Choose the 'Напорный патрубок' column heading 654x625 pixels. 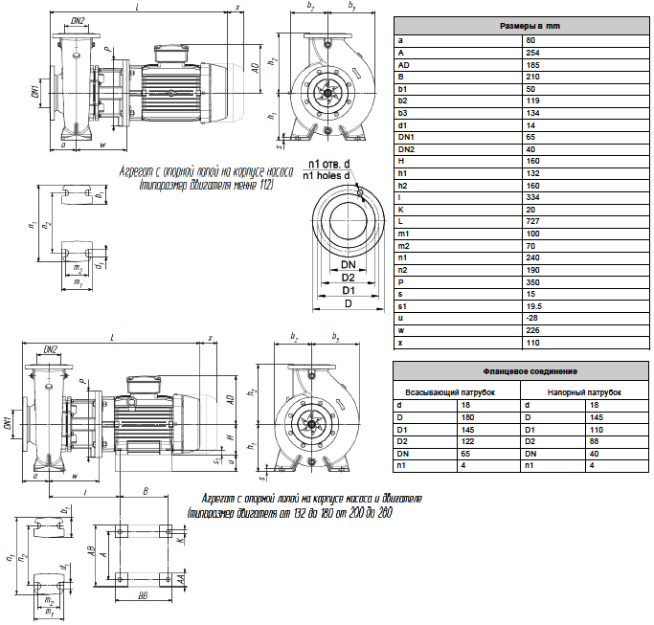pos(584,392)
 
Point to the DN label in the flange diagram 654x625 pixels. pos(349,263)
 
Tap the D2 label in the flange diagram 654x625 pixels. pos(349,277)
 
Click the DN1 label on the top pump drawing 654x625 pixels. pos(34,92)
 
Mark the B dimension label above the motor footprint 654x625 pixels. pos(144,489)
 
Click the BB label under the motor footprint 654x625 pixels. pos(143,595)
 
